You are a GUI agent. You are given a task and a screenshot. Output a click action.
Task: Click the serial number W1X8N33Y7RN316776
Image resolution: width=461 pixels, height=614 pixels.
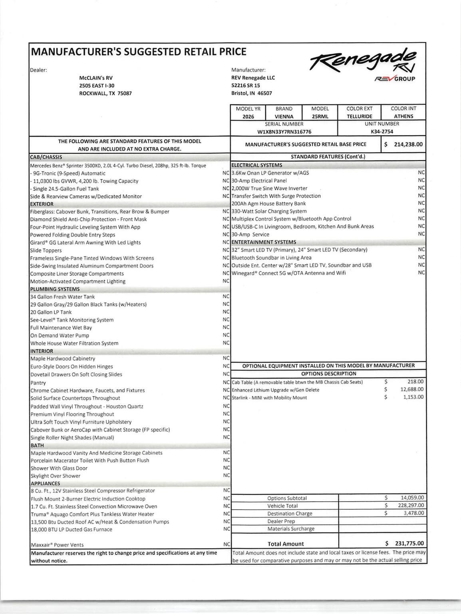coord(284,132)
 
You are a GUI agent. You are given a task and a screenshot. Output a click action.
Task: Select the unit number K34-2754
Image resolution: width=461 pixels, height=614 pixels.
coord(382,132)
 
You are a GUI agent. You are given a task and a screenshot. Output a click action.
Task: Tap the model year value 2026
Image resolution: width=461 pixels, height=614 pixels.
coord(248,116)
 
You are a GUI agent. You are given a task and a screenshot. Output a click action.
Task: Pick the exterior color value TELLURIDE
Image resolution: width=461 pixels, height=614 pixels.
coord(359,116)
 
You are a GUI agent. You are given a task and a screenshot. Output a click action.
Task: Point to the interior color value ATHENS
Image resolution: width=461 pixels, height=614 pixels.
coord(403,116)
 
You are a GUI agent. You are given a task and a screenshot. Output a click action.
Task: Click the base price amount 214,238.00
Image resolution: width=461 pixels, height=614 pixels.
coord(408,144)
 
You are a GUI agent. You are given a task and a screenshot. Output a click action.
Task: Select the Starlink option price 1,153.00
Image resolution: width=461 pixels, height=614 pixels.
coord(413,397)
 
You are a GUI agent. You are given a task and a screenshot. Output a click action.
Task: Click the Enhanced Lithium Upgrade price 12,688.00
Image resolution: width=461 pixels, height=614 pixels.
coord(412,389)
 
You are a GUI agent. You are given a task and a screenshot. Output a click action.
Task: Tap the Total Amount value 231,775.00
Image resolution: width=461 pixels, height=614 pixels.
coord(409,544)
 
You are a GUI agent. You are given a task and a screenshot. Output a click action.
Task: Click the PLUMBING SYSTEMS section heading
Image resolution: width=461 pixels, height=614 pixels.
coord(55,289)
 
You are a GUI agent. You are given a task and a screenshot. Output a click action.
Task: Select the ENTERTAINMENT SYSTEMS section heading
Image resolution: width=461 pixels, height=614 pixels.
coord(264,242)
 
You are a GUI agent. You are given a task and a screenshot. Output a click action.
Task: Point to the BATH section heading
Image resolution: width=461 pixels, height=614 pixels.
coord(37,445)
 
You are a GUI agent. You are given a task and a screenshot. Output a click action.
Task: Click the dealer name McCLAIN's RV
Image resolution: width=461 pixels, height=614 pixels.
coord(96,78)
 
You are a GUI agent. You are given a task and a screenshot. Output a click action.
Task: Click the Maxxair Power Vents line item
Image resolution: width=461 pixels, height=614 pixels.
coord(57,545)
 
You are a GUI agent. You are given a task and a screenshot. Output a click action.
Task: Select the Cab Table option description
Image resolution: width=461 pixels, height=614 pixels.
coord(297,382)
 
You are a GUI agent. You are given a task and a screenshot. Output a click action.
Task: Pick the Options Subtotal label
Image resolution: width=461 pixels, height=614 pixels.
coord(287,498)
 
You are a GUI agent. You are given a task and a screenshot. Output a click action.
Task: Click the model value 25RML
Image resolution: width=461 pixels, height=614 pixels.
coord(320,116)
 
